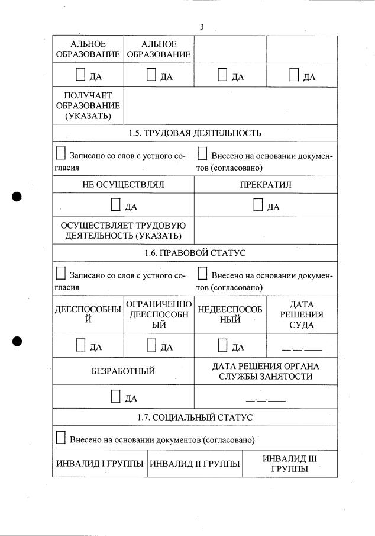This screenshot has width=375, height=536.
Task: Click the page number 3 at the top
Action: [x=202, y=27]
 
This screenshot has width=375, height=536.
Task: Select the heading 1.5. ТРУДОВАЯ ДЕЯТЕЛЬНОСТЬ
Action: [x=195, y=133]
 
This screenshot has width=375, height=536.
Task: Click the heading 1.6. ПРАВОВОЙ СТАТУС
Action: [x=195, y=253]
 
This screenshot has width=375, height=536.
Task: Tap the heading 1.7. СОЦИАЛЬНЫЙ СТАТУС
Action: [x=195, y=418]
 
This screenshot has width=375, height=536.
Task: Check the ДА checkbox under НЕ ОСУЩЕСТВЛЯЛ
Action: [x=116, y=205]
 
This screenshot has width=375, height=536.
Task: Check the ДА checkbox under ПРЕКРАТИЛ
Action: [x=258, y=205]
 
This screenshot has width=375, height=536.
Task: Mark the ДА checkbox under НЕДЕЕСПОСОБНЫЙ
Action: [x=222, y=345]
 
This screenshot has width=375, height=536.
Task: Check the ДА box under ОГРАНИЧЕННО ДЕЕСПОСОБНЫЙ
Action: [x=151, y=345]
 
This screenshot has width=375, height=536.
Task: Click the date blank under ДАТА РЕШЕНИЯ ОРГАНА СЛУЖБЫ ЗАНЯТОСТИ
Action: [x=266, y=399]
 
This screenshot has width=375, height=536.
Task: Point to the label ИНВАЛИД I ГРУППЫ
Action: [x=99, y=464]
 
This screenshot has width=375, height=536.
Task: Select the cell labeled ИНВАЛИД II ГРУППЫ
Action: [x=195, y=464]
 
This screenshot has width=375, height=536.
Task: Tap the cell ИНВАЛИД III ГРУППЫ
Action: [x=290, y=464]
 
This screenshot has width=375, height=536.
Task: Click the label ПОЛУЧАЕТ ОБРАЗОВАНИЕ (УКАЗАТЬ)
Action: [x=88, y=105]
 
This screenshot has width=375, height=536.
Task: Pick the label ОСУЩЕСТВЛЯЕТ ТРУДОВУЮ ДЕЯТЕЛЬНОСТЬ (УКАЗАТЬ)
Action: [x=123, y=230]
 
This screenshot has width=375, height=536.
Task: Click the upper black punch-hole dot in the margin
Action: [x=17, y=197]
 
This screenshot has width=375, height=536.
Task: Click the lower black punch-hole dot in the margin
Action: [x=17, y=341]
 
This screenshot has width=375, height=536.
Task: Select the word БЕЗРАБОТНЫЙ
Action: [x=123, y=371]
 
